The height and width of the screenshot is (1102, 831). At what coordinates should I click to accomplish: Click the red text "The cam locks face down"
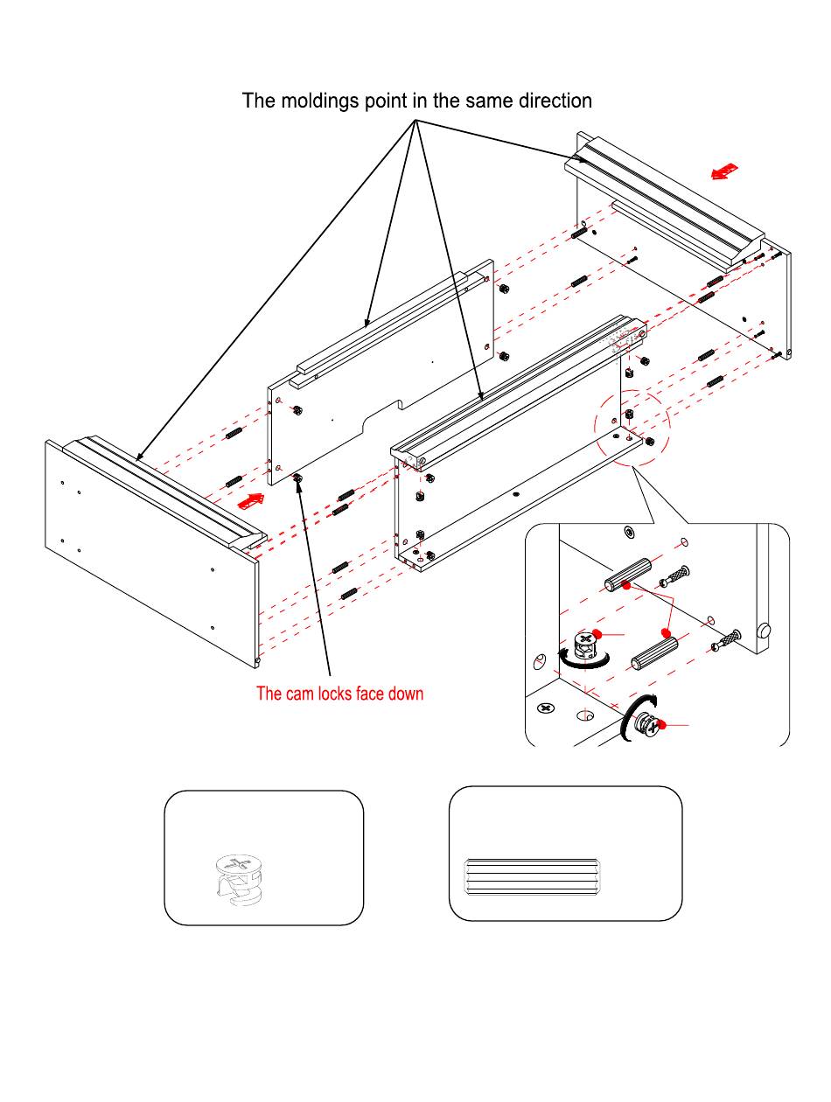[339, 694]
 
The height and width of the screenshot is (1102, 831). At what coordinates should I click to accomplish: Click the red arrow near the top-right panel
[724, 171]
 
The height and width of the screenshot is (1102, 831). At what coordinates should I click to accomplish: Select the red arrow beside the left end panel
[250, 501]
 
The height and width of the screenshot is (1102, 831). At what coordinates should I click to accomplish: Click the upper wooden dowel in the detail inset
[625, 574]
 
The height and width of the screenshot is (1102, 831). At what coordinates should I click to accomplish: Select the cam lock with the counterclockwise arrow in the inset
[581, 648]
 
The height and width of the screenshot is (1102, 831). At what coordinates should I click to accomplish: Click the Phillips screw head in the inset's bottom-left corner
[547, 707]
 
